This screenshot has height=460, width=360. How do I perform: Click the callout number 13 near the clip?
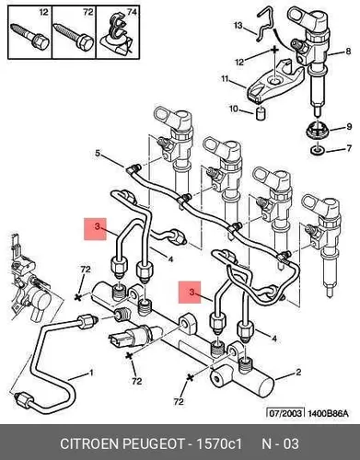point(238,25)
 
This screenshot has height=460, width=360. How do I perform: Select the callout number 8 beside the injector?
point(348,51)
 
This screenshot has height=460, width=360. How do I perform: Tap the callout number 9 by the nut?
point(349,126)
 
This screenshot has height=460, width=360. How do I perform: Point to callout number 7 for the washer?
point(349,149)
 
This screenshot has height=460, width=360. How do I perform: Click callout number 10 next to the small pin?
point(234,109)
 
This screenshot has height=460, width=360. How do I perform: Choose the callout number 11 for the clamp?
point(225,79)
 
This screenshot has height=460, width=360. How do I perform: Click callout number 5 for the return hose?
point(98,153)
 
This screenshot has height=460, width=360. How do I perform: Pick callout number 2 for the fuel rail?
point(298,373)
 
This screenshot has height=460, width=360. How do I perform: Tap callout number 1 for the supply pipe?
point(91,373)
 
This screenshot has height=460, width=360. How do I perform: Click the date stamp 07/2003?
point(285,413)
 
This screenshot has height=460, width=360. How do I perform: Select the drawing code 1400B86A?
point(328,413)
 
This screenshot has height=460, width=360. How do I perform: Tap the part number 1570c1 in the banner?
point(219,443)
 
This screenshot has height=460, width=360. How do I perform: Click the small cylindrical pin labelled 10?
point(261,114)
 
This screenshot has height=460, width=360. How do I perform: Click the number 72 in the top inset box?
point(88,12)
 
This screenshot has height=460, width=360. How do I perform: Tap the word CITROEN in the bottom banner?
point(89,443)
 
